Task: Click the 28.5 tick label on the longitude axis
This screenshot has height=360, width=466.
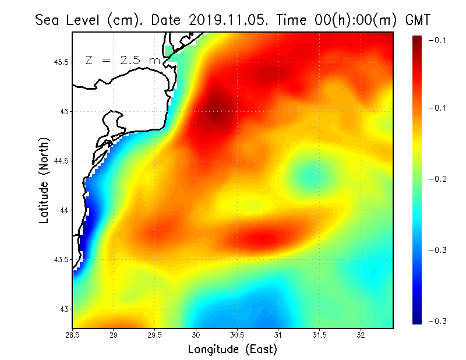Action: point(72,336)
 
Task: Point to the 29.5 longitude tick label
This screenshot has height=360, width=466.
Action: point(155,336)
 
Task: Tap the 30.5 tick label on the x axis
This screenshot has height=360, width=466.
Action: point(237,336)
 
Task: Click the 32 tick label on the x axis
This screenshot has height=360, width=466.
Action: point(361,336)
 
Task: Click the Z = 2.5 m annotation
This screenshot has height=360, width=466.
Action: point(122,60)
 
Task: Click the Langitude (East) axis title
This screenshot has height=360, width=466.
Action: point(232,350)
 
